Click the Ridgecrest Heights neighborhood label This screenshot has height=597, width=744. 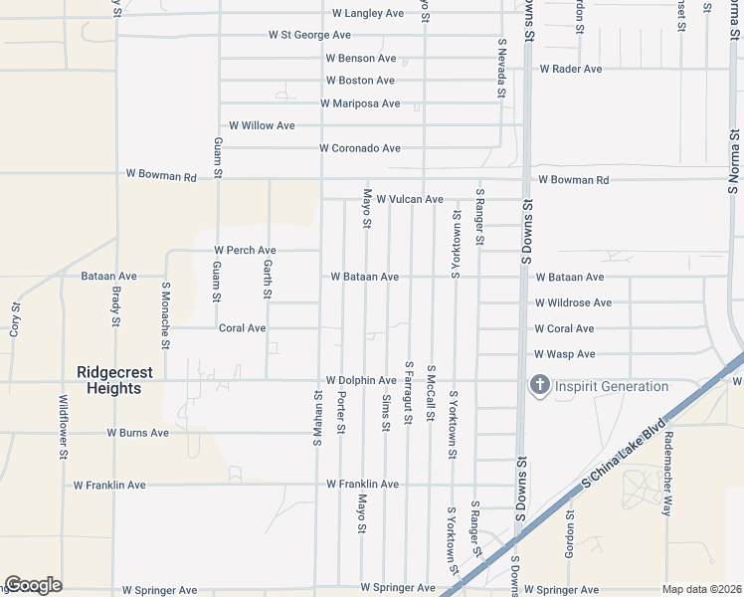tap(114, 380)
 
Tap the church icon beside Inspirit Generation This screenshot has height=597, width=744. tap(540, 386)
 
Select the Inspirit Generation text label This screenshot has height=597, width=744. tap(612, 386)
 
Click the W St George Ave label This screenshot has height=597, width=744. tap(309, 35)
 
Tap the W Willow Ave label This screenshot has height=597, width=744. tap(262, 126)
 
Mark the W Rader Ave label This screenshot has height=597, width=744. tap(571, 69)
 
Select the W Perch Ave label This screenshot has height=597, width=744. tap(245, 250)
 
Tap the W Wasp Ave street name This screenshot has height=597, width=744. tap(564, 354)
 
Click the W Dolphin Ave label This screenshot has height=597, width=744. tap(361, 380)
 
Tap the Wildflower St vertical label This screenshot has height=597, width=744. tap(63, 427)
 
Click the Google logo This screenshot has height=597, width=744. tap(33, 585)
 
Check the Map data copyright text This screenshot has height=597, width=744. tap(701, 589)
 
